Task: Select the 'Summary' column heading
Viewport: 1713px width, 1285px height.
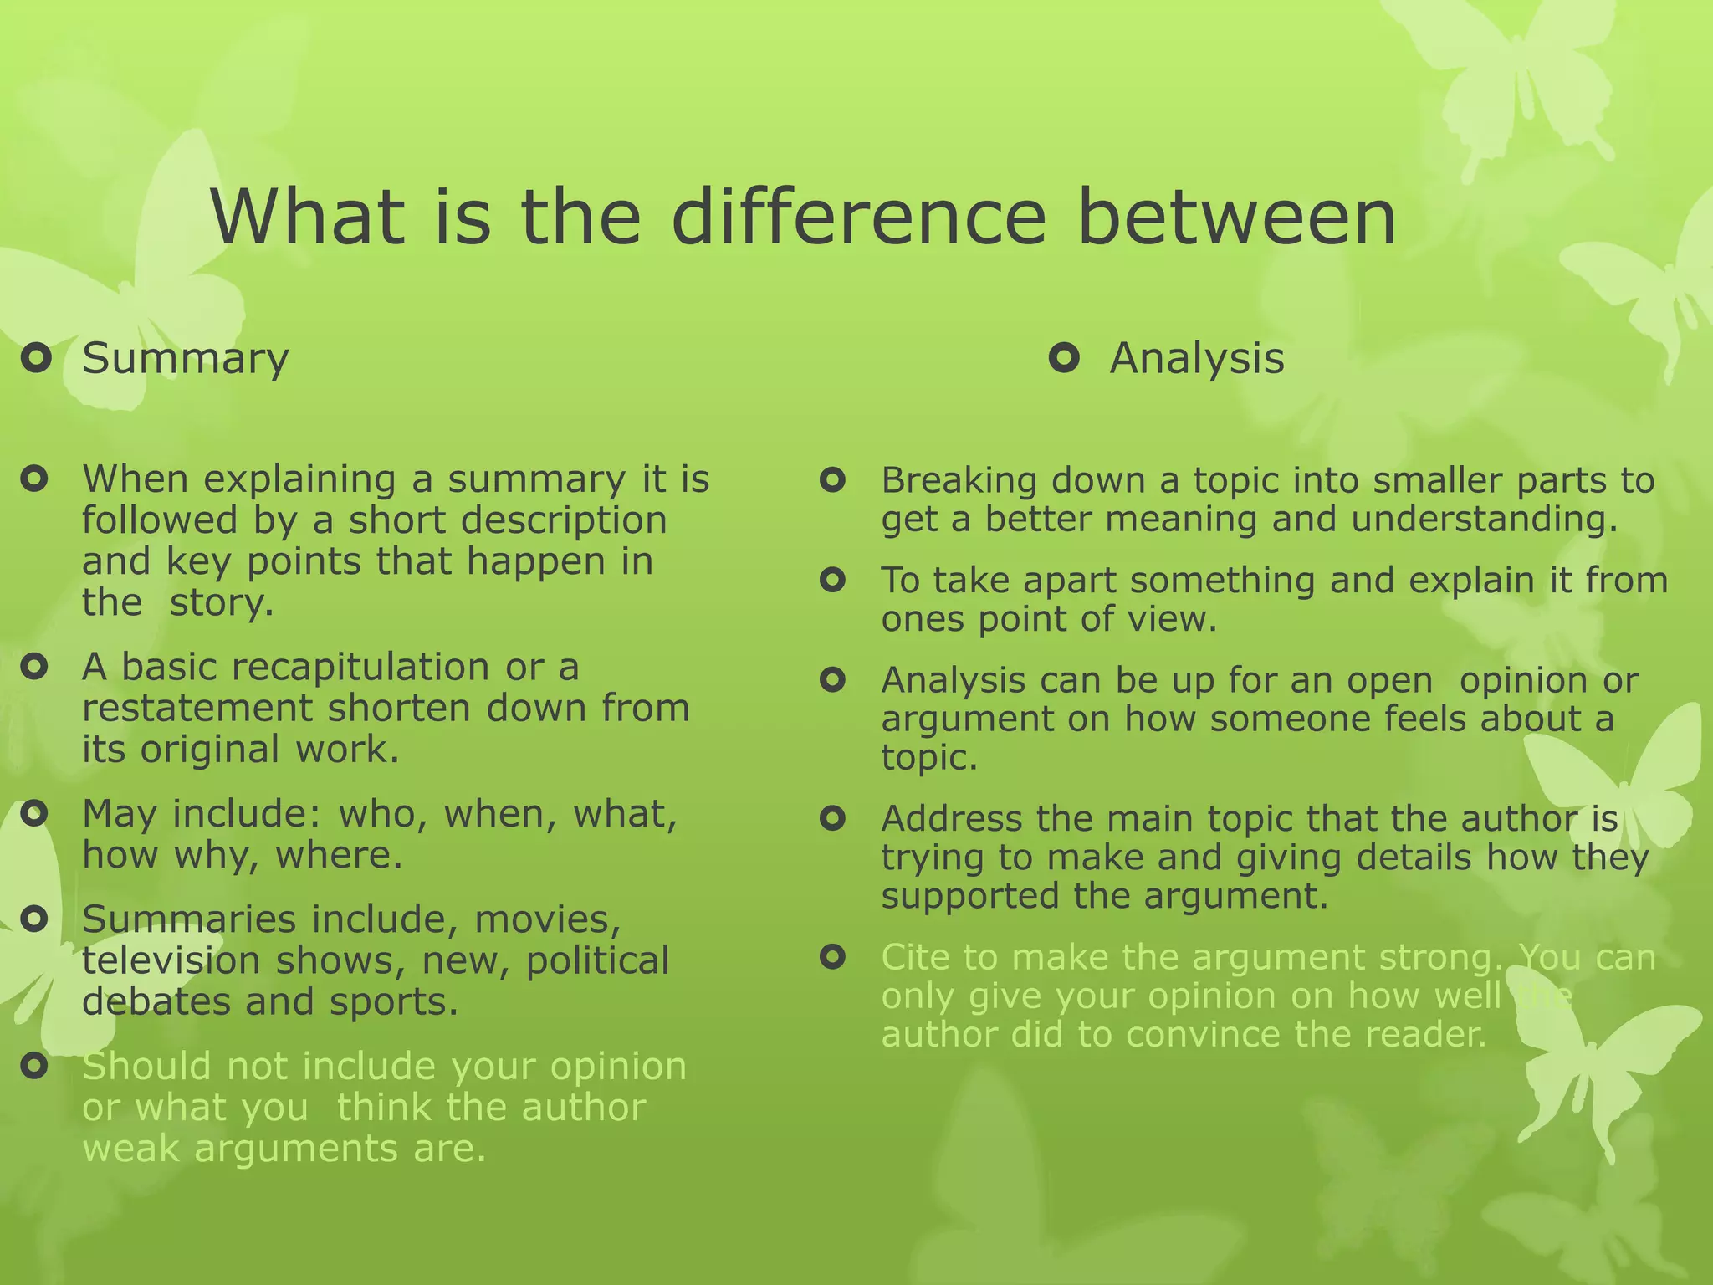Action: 186,359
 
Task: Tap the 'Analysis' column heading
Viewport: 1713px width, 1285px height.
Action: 1196,359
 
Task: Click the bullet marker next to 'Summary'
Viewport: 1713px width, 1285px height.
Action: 36,360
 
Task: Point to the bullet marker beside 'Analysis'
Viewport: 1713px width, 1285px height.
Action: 1064,360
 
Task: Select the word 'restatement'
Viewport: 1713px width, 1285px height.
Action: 197,709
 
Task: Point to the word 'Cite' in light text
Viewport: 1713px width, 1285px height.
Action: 913,957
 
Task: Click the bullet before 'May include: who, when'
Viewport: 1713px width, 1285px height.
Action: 34,813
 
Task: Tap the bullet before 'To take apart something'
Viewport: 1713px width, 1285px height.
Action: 832,580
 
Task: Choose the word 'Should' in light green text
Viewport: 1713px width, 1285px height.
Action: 147,1067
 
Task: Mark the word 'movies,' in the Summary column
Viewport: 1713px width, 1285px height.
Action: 547,920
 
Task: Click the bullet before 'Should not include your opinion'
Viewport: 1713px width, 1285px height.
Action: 34,1066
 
